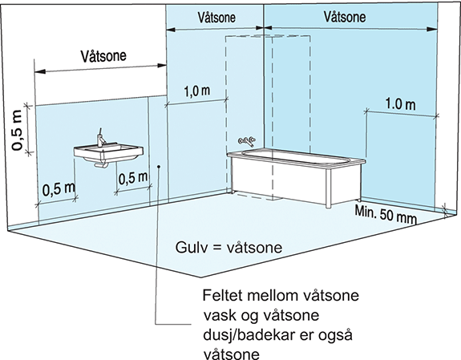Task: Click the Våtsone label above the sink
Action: point(103,56)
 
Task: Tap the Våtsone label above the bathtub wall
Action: point(345,17)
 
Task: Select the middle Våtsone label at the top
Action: point(216,18)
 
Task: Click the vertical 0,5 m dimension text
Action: point(17,130)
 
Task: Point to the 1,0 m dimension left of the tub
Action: point(197,91)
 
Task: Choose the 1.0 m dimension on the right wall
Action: point(400,104)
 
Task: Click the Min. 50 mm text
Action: point(386,214)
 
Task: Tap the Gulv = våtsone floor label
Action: point(228,248)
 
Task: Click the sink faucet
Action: point(101,138)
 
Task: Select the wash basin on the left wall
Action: point(108,153)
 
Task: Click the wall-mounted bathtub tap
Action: point(247,141)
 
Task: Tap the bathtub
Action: point(297,176)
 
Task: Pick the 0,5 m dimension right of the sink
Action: point(133,179)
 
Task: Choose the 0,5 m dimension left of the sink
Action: point(59,189)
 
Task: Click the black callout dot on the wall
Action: point(159,167)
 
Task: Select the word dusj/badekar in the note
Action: point(249,335)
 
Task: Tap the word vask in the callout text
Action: point(220,315)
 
